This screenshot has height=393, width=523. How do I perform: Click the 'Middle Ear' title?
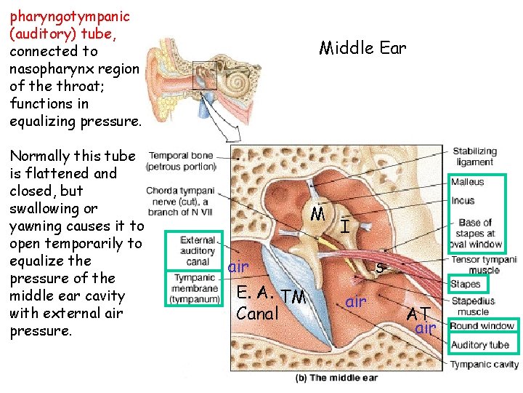(362, 48)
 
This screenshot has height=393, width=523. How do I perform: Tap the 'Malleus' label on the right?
(467, 182)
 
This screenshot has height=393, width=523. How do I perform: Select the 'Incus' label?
(463, 200)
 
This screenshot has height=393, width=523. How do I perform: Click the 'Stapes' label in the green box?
(465, 284)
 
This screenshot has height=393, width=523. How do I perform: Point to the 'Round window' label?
(482, 326)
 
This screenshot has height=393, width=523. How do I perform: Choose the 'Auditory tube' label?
(479, 345)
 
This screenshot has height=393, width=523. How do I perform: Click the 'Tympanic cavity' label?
(485, 364)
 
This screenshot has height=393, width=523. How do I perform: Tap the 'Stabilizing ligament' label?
(474, 156)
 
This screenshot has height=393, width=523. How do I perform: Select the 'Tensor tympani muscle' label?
(484, 265)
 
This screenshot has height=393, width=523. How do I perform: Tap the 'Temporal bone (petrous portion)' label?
(181, 160)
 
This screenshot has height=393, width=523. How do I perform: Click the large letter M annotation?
(317, 214)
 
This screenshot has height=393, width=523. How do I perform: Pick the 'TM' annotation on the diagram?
(293, 295)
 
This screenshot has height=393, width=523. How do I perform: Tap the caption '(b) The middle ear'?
(336, 378)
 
